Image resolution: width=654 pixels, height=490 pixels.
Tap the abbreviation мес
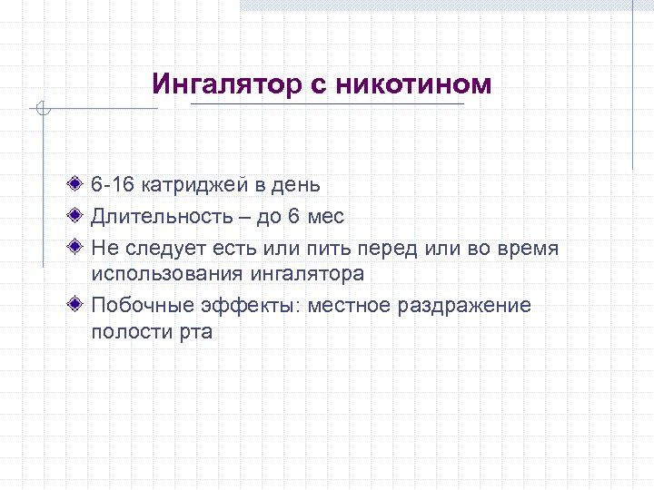(x=325, y=217)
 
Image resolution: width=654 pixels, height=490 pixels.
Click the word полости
(x=126, y=330)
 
